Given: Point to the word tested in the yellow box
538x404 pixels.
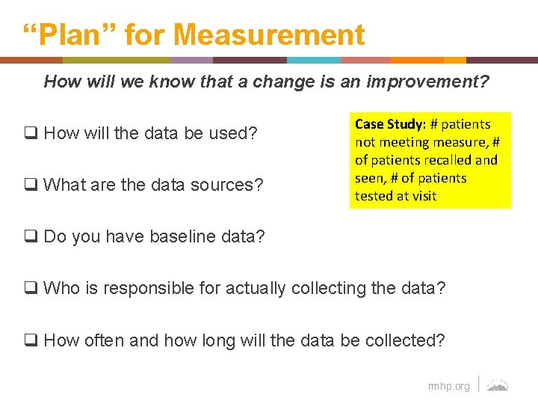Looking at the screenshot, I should click(x=374, y=195).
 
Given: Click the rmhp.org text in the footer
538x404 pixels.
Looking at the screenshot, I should click(x=448, y=386).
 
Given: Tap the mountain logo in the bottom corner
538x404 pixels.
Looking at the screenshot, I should click(x=498, y=385).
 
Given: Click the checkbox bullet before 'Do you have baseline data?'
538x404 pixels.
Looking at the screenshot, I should click(x=32, y=237).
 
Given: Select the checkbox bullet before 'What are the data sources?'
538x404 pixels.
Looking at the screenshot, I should click(x=32, y=184).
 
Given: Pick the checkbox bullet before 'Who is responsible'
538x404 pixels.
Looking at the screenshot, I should click(x=32, y=288).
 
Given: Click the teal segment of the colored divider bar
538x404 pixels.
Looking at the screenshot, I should click(x=314, y=60).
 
